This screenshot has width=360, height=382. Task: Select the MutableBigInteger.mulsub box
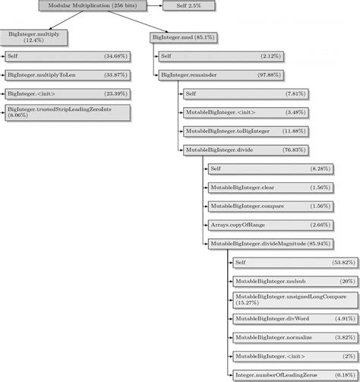pos(283,280)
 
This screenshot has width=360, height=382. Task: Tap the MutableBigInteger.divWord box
pos(283,318)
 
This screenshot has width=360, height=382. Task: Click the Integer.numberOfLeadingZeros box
pos(283,374)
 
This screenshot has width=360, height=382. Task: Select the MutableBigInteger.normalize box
pos(283,336)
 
